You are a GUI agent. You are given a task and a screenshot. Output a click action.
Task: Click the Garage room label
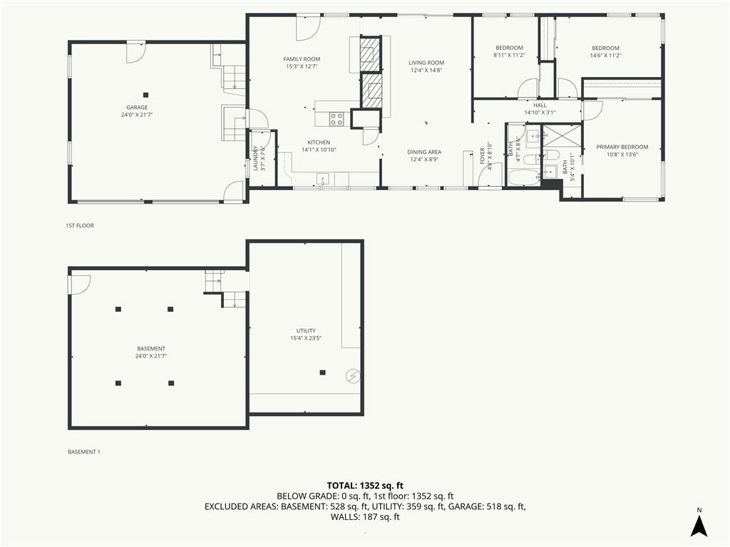tap(137, 108)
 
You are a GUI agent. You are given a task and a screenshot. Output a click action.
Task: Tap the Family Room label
tap(302, 59)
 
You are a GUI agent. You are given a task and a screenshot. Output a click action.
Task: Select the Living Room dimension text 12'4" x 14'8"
tap(426, 71)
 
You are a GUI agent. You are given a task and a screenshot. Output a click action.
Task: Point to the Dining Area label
tap(424, 152)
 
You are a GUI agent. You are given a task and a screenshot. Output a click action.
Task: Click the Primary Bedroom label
tap(622, 147)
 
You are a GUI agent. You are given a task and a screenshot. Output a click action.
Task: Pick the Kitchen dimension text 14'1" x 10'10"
tap(319, 150)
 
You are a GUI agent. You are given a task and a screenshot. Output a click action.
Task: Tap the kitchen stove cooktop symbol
tap(336, 119)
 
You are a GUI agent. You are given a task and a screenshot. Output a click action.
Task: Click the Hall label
tap(540, 105)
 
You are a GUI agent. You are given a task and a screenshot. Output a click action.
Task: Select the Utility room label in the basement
tap(306, 330)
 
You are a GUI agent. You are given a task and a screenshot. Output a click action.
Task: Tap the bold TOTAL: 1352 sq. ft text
tap(365, 486)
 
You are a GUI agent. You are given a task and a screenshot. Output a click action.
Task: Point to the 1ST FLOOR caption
tap(80, 226)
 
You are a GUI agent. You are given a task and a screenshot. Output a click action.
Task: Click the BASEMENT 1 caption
tap(84, 452)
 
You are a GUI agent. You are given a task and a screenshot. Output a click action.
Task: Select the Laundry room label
tap(256, 158)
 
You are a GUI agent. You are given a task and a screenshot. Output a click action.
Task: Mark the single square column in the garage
tap(145, 95)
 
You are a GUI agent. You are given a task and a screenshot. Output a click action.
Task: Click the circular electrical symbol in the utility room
tap(352, 375)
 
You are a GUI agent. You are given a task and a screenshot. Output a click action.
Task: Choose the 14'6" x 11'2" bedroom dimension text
tap(605, 56)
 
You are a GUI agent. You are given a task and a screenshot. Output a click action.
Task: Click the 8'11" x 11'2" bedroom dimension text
tap(509, 55)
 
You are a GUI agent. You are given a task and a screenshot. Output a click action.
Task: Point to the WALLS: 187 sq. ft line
tap(365, 517)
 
